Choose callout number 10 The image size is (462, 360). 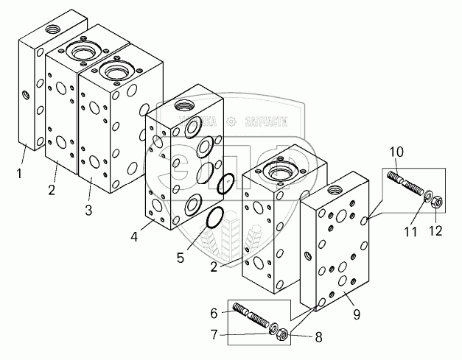(x=396, y=152)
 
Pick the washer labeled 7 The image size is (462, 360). (x=272, y=327)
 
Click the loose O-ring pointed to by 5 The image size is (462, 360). (x=214, y=218)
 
